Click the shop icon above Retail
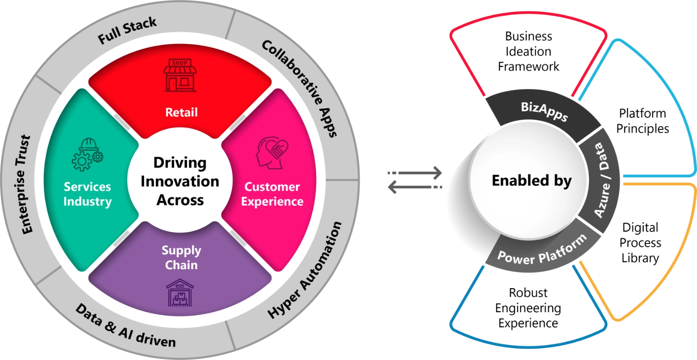coord(180,75)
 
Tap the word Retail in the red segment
coord(181,112)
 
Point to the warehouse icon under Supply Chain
coord(180,292)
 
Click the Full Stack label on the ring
coord(127,31)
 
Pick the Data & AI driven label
coord(125,326)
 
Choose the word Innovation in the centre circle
coord(180,181)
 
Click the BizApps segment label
coord(543,111)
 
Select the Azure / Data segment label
coord(602,181)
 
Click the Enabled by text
coord(531,180)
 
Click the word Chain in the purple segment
coord(181,265)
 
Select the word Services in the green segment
coord(87,186)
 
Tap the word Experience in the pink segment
coord(272,201)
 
